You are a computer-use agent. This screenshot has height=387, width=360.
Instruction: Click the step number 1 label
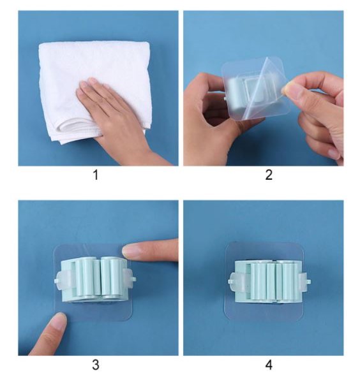[x=96, y=175]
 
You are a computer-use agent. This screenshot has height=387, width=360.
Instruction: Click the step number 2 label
[x=269, y=175]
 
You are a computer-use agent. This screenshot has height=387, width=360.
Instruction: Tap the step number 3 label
[x=96, y=365]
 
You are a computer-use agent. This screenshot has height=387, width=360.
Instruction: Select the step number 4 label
[x=269, y=365]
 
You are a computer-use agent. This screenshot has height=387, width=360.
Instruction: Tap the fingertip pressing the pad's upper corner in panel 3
[x=130, y=251]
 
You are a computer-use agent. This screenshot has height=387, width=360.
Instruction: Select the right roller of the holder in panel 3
[x=111, y=276]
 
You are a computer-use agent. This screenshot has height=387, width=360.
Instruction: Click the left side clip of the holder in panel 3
[x=61, y=280]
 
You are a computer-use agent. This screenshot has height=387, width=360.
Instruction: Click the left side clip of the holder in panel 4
[x=236, y=282]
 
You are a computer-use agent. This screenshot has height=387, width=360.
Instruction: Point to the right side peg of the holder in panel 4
[x=306, y=281]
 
